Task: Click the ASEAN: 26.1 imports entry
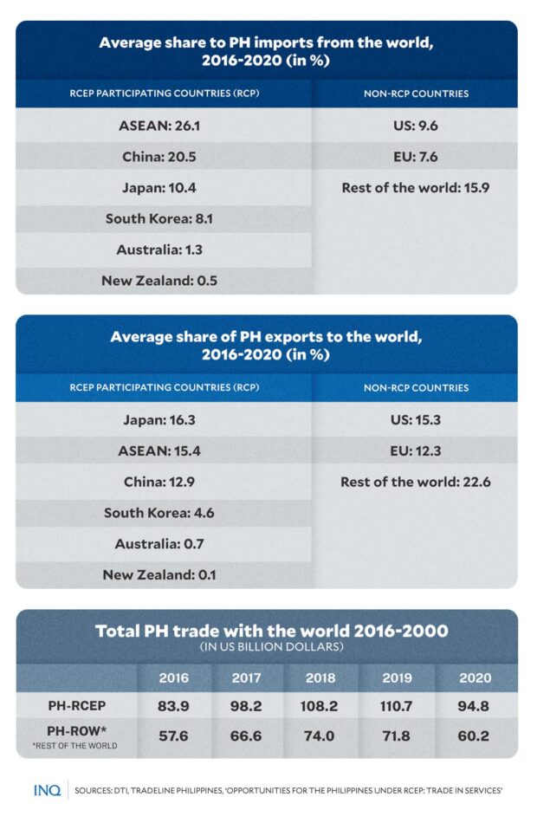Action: (164, 126)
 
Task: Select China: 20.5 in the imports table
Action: (164, 157)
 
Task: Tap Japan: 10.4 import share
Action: (164, 187)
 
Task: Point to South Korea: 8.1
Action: (159, 218)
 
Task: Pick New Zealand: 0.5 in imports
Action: (159, 280)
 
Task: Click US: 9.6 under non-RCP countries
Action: (415, 126)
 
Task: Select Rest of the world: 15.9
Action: (415, 187)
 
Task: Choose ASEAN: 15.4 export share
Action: (164, 450)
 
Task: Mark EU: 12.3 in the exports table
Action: (415, 450)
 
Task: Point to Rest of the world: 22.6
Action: (416, 482)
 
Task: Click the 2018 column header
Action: (320, 677)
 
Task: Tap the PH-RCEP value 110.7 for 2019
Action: (398, 705)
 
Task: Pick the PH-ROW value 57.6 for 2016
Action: (174, 734)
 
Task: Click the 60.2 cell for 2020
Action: (474, 734)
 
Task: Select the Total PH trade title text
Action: (272, 631)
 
